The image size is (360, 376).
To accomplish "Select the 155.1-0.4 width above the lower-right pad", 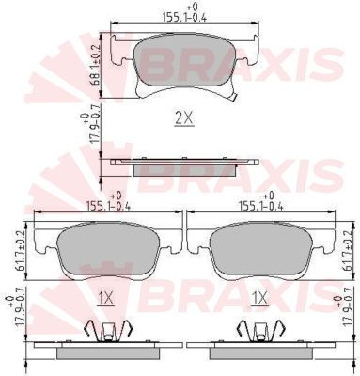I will (257, 201).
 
